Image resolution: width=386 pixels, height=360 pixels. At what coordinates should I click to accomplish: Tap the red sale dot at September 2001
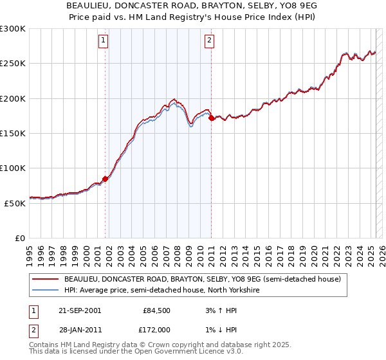106,179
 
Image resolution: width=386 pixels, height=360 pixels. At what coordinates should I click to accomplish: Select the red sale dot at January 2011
212,118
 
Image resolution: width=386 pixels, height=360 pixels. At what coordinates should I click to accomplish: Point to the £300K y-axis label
12,29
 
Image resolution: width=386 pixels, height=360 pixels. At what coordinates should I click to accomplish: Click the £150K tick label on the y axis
12,134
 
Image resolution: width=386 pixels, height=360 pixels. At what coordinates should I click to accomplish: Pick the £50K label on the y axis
15,203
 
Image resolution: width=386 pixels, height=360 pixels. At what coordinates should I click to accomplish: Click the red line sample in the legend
45,280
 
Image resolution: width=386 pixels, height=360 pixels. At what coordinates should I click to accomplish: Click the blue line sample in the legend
45,291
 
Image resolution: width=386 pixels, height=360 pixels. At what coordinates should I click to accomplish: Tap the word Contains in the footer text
46,345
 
